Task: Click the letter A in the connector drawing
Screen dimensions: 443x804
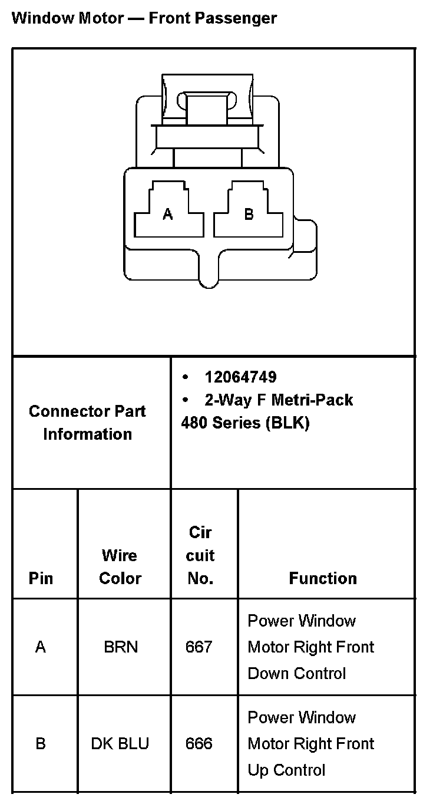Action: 168,215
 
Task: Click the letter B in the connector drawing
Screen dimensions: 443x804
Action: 249,215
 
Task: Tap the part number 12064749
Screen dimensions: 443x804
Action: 240,377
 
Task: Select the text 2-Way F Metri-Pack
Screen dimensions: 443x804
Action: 279,400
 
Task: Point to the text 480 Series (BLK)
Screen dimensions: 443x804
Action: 245,423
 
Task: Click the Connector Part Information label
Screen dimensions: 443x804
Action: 87,423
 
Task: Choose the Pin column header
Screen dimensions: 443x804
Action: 41,578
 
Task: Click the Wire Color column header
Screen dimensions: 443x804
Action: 120,566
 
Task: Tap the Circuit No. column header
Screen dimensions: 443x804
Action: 200,555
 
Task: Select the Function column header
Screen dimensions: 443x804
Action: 323,578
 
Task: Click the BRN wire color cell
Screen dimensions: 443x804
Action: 121,647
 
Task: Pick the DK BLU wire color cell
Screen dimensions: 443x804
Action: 120,744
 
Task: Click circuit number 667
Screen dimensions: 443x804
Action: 199,647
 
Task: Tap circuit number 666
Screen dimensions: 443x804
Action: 199,744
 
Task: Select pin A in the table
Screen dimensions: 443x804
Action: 41,647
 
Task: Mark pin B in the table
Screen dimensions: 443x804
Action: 41,744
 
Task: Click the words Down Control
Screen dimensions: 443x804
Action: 296,673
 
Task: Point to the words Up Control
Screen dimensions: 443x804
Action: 286,770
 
